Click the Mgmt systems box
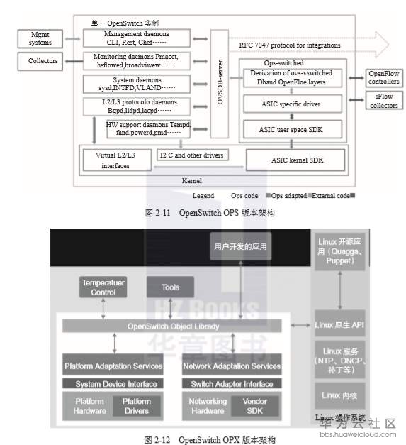[x=40, y=38]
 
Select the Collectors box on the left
[x=43, y=61]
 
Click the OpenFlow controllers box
[x=383, y=77]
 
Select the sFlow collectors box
[x=383, y=101]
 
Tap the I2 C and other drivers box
[x=191, y=155]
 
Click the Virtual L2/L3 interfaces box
[x=113, y=160]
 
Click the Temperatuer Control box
[x=103, y=287]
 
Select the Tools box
[x=170, y=287]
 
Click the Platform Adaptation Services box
[x=113, y=366]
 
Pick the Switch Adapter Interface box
[x=232, y=384]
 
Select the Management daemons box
[x=137, y=37]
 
